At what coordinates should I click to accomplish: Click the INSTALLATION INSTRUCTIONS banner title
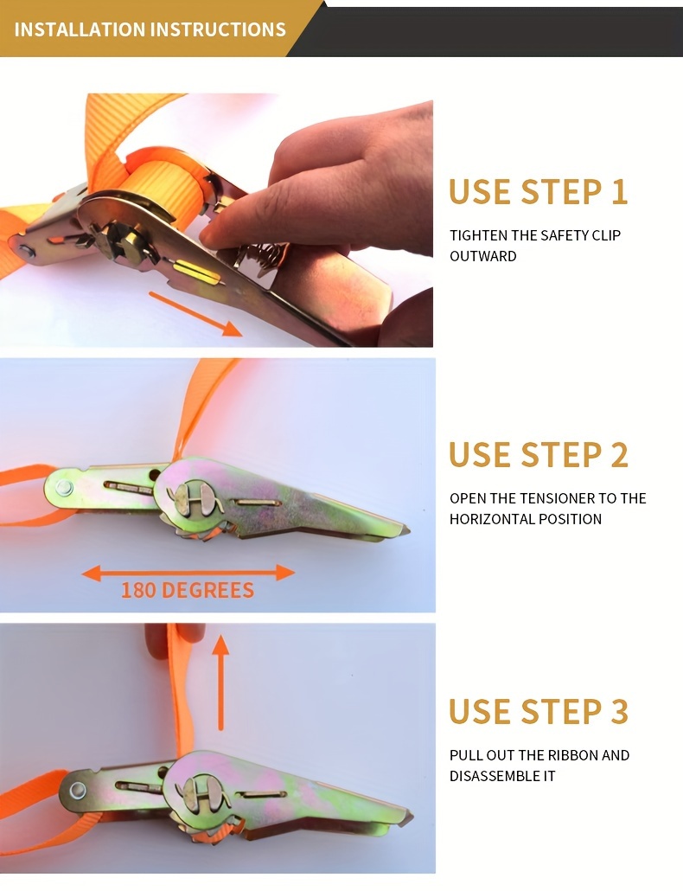[x=150, y=29]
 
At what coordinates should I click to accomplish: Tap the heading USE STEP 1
[x=538, y=192]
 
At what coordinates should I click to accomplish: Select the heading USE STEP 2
[x=538, y=455]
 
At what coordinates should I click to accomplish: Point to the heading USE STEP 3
[x=538, y=712]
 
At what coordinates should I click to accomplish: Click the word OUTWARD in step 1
[x=483, y=256]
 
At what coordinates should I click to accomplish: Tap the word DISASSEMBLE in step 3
[x=491, y=776]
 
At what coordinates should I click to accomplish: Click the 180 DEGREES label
[x=188, y=591]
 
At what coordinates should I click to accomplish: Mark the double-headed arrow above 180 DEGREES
[x=188, y=572]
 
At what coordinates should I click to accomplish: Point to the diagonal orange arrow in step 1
[x=195, y=313]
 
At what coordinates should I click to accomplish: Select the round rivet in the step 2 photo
[x=64, y=487]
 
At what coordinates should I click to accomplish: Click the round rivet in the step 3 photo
[x=79, y=789]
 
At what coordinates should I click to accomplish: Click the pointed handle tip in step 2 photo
[x=404, y=529]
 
